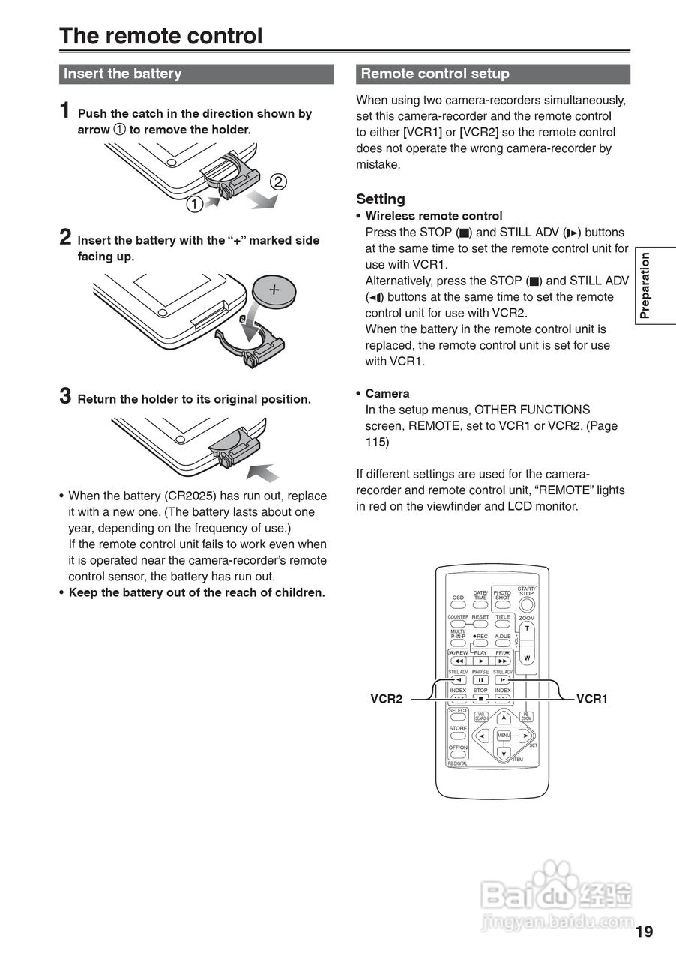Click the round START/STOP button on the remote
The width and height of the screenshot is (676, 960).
(x=527, y=604)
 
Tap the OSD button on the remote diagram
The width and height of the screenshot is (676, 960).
(x=458, y=605)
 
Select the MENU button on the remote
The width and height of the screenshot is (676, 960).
(x=504, y=736)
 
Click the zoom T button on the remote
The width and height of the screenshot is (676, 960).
(x=527, y=629)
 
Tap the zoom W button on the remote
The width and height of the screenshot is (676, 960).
(x=527, y=658)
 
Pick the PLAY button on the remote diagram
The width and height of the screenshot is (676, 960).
(x=480, y=661)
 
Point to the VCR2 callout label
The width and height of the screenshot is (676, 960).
(x=387, y=699)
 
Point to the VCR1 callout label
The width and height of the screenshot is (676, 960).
(x=591, y=699)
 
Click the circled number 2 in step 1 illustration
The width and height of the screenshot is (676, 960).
(x=277, y=181)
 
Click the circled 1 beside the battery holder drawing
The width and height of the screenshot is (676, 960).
(x=194, y=203)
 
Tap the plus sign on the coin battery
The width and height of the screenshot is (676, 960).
(x=274, y=289)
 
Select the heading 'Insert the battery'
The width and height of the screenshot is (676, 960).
(x=122, y=73)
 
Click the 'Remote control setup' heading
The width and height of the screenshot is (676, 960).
(x=435, y=73)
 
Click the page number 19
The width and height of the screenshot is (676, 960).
(x=644, y=931)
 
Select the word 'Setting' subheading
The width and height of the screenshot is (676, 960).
(x=381, y=199)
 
